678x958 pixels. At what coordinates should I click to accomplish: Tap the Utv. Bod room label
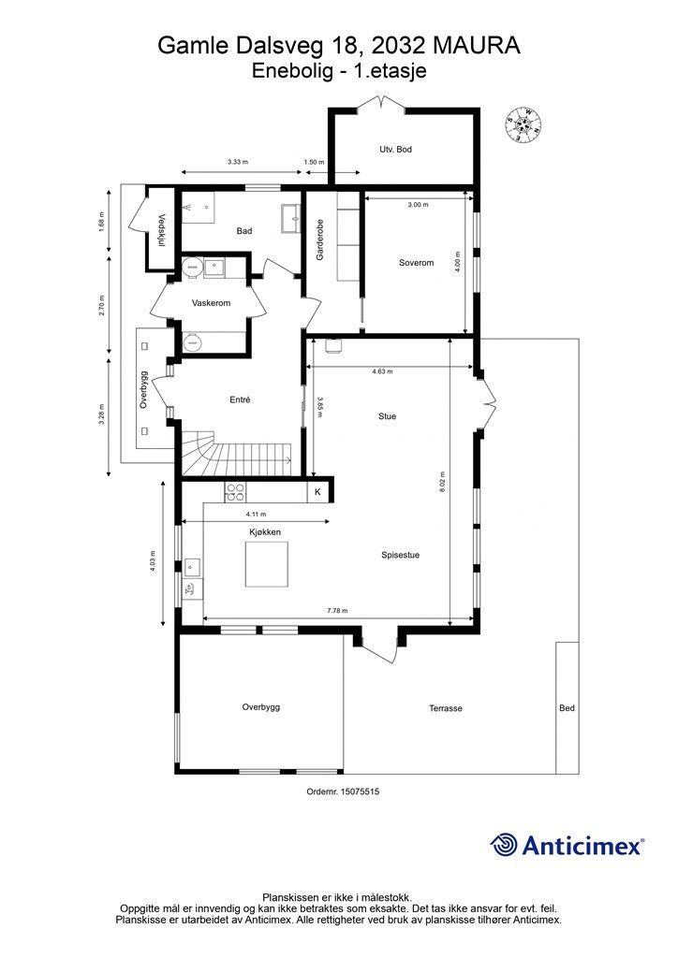coord(395,150)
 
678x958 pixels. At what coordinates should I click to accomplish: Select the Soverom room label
coord(416,263)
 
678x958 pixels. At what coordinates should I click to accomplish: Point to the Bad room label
coord(244,231)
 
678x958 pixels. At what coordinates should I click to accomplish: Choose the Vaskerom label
coord(211,303)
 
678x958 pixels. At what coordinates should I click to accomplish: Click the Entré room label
coord(239,399)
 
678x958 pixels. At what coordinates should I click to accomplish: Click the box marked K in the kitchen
coord(317,492)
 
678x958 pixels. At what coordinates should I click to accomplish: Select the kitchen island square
coord(266,564)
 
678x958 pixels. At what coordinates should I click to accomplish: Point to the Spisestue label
coord(400,555)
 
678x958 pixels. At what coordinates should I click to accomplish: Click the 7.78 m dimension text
coord(337,611)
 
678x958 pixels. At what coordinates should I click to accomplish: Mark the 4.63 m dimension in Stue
coord(382,371)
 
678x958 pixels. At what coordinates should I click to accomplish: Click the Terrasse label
coord(446,708)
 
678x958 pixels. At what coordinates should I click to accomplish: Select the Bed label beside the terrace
coord(567,708)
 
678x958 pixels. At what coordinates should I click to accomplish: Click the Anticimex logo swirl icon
coord(505,845)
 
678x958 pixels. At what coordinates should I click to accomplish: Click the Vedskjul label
coord(162,230)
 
